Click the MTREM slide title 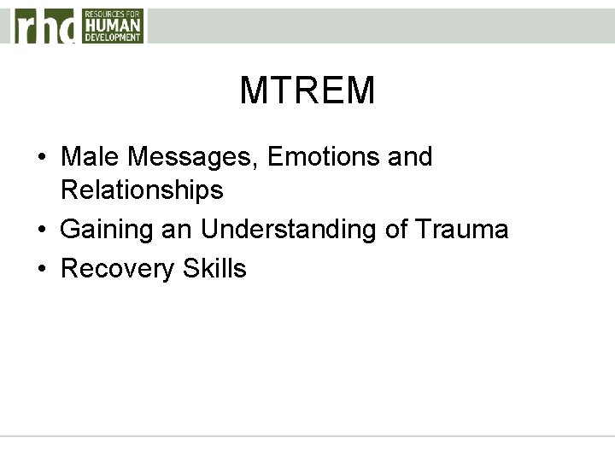(307, 90)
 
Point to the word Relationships (142, 190)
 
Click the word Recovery (118, 269)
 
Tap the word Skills (214, 269)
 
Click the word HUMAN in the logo (112, 25)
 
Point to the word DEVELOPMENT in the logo (112, 38)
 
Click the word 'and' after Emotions (411, 157)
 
